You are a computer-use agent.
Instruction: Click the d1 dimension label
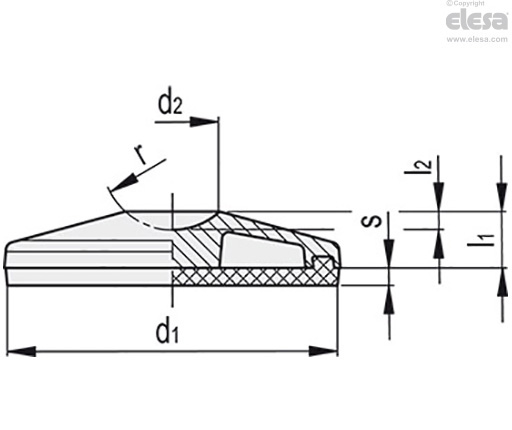pos(168,333)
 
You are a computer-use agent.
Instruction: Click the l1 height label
pos(481,240)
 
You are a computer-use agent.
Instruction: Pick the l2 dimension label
pos(418,166)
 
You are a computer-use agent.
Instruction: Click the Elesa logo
pos(477,21)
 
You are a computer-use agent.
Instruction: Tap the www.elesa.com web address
pos(477,39)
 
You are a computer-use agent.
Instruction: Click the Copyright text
pos(465,3)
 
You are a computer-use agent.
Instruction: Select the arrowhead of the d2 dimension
pos(204,122)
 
